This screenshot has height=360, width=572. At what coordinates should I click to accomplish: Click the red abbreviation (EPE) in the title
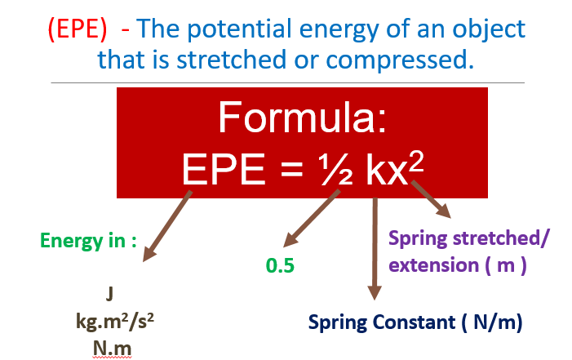click(x=78, y=29)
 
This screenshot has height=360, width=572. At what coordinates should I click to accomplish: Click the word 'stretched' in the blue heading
click(x=231, y=59)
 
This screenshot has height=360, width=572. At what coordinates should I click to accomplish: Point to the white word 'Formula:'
click(x=302, y=118)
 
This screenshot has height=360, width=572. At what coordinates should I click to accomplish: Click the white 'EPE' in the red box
click(x=224, y=169)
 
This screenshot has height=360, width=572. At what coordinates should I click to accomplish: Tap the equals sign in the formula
click(x=292, y=170)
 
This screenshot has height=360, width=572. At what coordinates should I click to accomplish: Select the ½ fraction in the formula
click(x=335, y=169)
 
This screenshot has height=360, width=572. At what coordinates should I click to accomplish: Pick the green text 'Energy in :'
click(x=88, y=241)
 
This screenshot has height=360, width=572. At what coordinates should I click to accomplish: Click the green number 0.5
click(x=280, y=265)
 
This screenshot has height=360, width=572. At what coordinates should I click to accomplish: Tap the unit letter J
click(x=109, y=294)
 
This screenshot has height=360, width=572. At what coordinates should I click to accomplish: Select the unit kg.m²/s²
click(x=115, y=322)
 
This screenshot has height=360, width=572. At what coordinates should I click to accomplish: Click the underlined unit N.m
click(x=112, y=349)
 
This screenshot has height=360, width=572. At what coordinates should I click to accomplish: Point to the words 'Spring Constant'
click(x=382, y=322)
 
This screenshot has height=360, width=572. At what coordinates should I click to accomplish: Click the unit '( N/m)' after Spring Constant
click(x=492, y=322)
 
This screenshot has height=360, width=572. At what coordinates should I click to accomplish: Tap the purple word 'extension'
click(x=434, y=265)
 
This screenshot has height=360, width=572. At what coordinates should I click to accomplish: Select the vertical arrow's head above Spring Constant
click(x=375, y=293)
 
